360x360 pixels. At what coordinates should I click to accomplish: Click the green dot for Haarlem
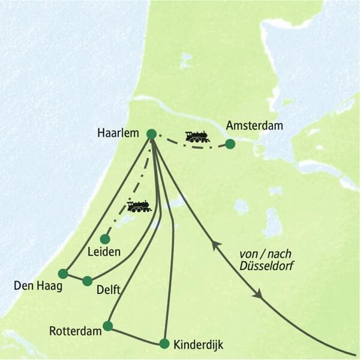point(151,134)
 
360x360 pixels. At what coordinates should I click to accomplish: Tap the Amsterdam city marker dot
point(230,144)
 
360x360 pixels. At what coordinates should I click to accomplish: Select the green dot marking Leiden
point(105,239)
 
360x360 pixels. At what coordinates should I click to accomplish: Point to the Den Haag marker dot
point(63,274)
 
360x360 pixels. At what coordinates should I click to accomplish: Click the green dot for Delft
point(88,281)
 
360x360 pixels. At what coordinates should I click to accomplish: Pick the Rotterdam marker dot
point(107,326)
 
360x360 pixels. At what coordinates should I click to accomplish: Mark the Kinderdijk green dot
point(164,344)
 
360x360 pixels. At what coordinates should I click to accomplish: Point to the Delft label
point(109,290)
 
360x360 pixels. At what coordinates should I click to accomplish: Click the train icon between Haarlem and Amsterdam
point(197,137)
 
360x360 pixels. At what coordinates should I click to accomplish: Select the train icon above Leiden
point(139,206)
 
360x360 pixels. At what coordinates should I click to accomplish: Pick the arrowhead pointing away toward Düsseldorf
point(257,295)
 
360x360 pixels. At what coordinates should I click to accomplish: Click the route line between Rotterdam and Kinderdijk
point(136,335)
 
